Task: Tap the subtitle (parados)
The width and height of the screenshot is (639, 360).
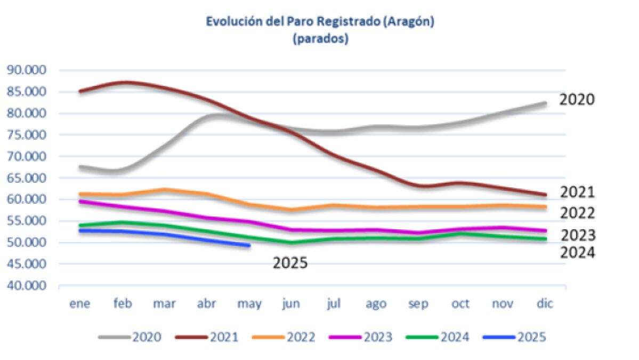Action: tap(320, 39)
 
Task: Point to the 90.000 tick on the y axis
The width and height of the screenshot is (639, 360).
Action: tap(27, 70)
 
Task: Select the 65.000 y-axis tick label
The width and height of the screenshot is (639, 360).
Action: tap(27, 178)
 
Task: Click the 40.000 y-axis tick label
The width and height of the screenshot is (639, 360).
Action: tap(27, 285)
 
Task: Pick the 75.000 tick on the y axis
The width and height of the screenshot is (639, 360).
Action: tap(27, 134)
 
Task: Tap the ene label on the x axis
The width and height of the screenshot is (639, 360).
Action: tap(80, 304)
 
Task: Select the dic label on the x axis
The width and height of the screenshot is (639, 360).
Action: tap(545, 303)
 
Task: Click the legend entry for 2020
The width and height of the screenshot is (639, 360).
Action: tap(130, 337)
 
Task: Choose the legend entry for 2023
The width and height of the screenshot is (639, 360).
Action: tap(361, 337)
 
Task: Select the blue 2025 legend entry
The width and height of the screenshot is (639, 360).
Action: tap(514, 337)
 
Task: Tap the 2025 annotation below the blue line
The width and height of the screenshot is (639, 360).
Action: tap(290, 263)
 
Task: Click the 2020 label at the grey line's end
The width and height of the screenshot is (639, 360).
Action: tap(577, 100)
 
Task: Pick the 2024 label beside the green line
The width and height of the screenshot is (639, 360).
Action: tap(578, 253)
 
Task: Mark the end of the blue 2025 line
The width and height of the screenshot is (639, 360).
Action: tap(249, 245)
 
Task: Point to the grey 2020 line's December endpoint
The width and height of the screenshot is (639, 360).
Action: tap(545, 103)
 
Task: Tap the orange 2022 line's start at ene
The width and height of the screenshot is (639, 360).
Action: tap(80, 195)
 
